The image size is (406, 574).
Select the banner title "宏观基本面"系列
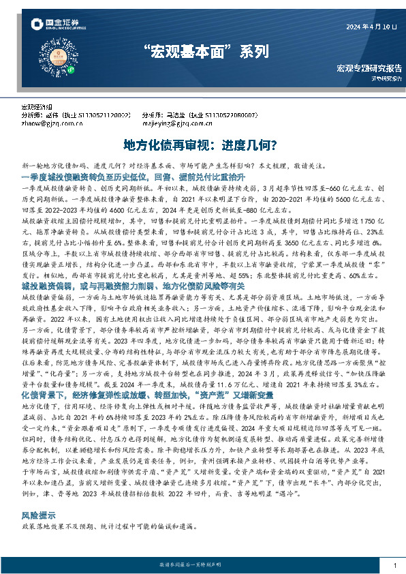coord(204,51)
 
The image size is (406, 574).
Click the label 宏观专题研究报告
coord(368,69)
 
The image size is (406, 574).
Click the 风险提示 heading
coord(37,517)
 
